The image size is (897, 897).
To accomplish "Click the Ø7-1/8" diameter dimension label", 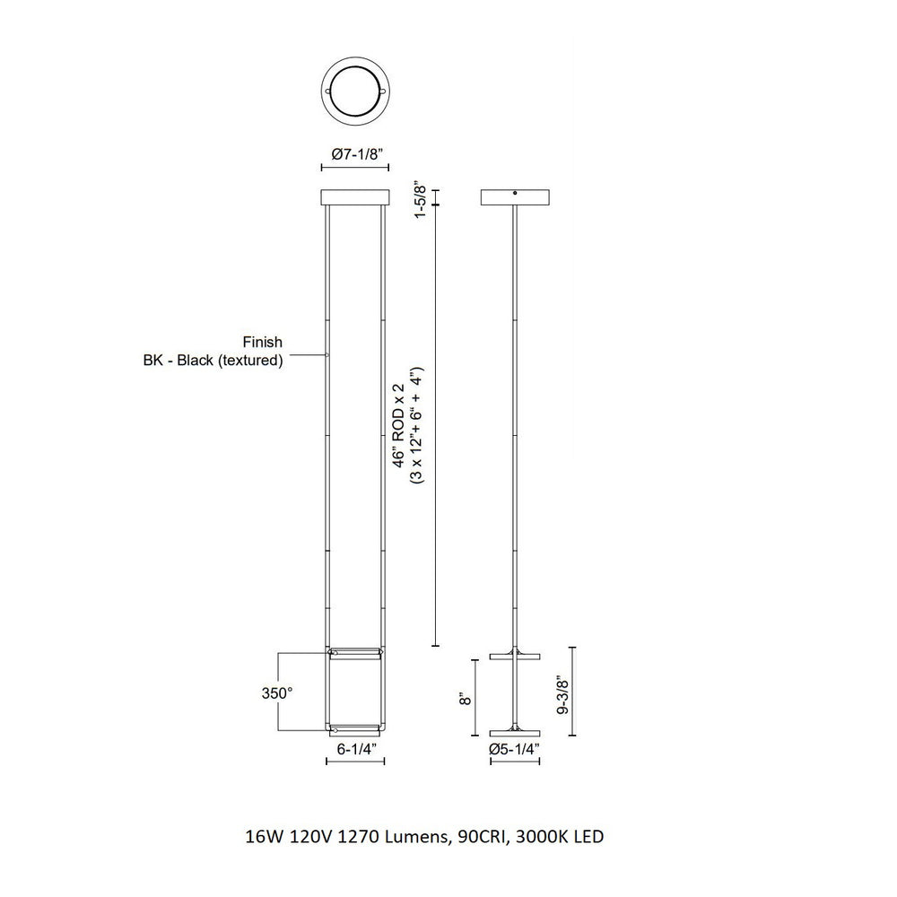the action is (x=356, y=153).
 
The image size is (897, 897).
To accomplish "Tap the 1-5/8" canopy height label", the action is (x=421, y=201).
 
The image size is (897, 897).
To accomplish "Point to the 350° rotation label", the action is (x=277, y=692).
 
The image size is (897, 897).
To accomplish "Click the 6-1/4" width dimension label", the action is (x=356, y=749).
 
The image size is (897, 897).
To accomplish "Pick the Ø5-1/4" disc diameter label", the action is (x=515, y=749).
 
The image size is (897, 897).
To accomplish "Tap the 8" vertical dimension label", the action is (x=466, y=698).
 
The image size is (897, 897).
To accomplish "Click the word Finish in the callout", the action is (x=263, y=342).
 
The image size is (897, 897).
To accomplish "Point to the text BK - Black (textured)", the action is (x=213, y=361).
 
